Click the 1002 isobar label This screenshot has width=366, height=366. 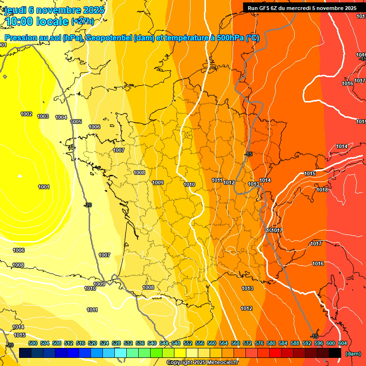[x=26, y=114]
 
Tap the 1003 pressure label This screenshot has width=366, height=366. [x=43, y=116]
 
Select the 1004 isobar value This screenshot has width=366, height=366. [x=61, y=117]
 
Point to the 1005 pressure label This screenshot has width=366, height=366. [x=76, y=122]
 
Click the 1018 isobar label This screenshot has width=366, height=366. [x=322, y=190]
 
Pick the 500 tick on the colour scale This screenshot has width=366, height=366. [x=33, y=343]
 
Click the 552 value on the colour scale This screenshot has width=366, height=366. [x=188, y=343]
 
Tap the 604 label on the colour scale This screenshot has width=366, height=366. [x=343, y=343]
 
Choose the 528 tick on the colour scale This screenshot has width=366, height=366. [x=116, y=343]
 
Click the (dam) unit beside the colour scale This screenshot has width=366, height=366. [x=353, y=353]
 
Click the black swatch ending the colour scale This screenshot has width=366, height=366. [x=335, y=353]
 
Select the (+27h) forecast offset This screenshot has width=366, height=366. [x=82, y=21]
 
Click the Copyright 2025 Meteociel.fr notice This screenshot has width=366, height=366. [x=202, y=362]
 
